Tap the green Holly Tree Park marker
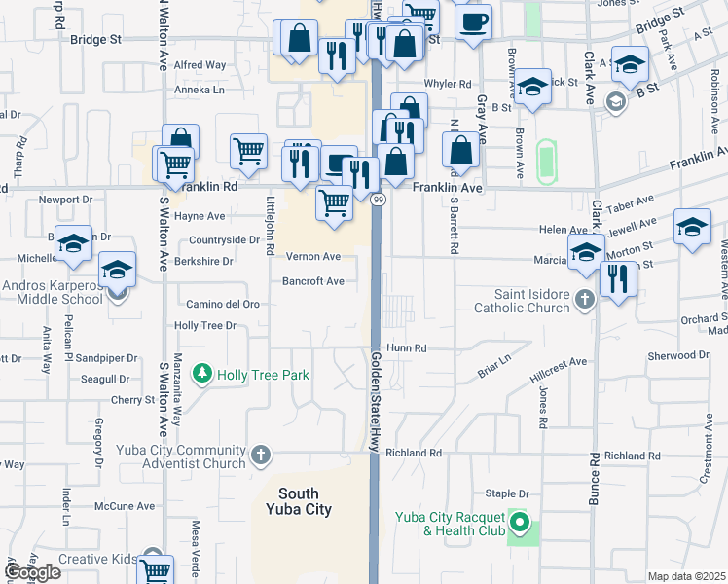point(202,373)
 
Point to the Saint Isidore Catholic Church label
point(520,302)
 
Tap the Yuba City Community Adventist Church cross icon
point(260,454)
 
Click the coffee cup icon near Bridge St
point(473,21)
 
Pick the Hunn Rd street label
point(407,347)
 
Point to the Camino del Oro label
point(216,304)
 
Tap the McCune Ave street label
point(126,506)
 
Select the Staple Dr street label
point(505,494)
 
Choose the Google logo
point(32,572)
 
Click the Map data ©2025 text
point(686,576)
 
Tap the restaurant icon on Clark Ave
point(618,278)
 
